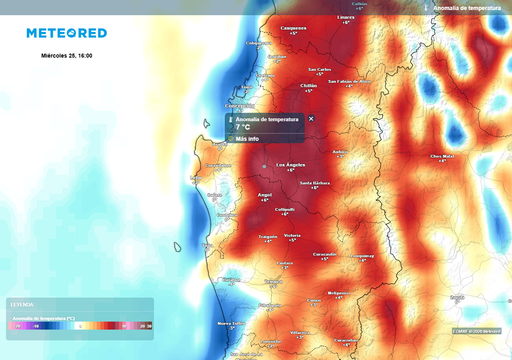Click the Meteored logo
[x=66, y=33]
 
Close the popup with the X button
[x=311, y=118]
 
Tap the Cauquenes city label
[x=293, y=28]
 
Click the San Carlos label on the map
[x=319, y=70]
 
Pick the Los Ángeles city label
[x=290, y=164]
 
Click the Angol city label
[x=265, y=195]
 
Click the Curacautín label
[x=325, y=254]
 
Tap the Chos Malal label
[x=442, y=156]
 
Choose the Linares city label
[x=347, y=17]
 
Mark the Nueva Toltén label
[x=231, y=324]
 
